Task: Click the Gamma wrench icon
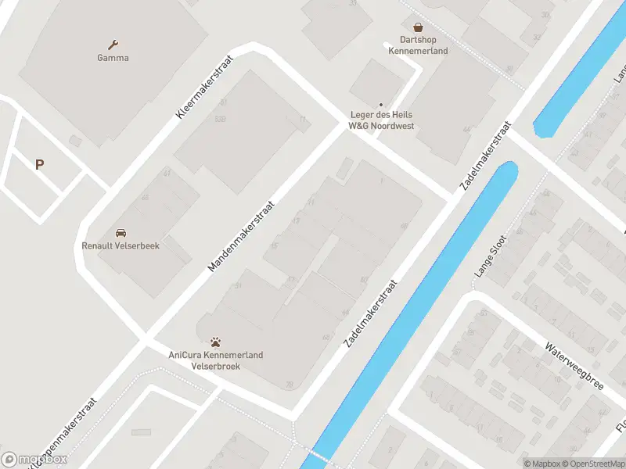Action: tap(113, 45)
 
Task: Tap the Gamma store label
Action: tap(113, 58)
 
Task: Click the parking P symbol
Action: tap(39, 164)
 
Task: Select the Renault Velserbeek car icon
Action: tap(121, 233)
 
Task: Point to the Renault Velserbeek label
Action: tap(121, 245)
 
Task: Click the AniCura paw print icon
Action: tap(216, 342)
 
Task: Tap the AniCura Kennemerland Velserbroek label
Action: tap(216, 360)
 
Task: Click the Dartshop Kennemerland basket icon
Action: tap(418, 27)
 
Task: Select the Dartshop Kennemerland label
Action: tap(418, 45)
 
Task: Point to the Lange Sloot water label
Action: tap(491, 256)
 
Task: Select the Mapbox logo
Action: tap(34, 460)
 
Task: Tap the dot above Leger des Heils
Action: tap(381, 105)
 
